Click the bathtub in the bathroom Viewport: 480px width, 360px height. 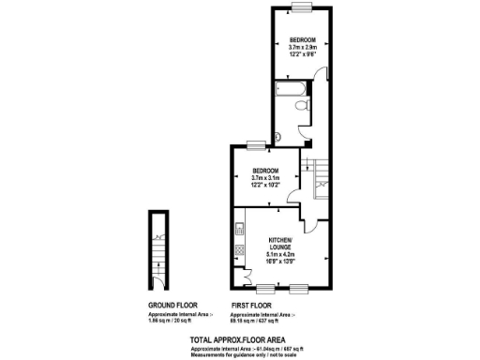tap(289, 91)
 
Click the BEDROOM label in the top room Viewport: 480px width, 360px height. tap(302, 39)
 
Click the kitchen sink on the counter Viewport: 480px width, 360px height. tap(239, 229)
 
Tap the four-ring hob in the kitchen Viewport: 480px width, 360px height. tap(239, 250)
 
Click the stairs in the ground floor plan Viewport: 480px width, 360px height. tap(158, 249)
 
